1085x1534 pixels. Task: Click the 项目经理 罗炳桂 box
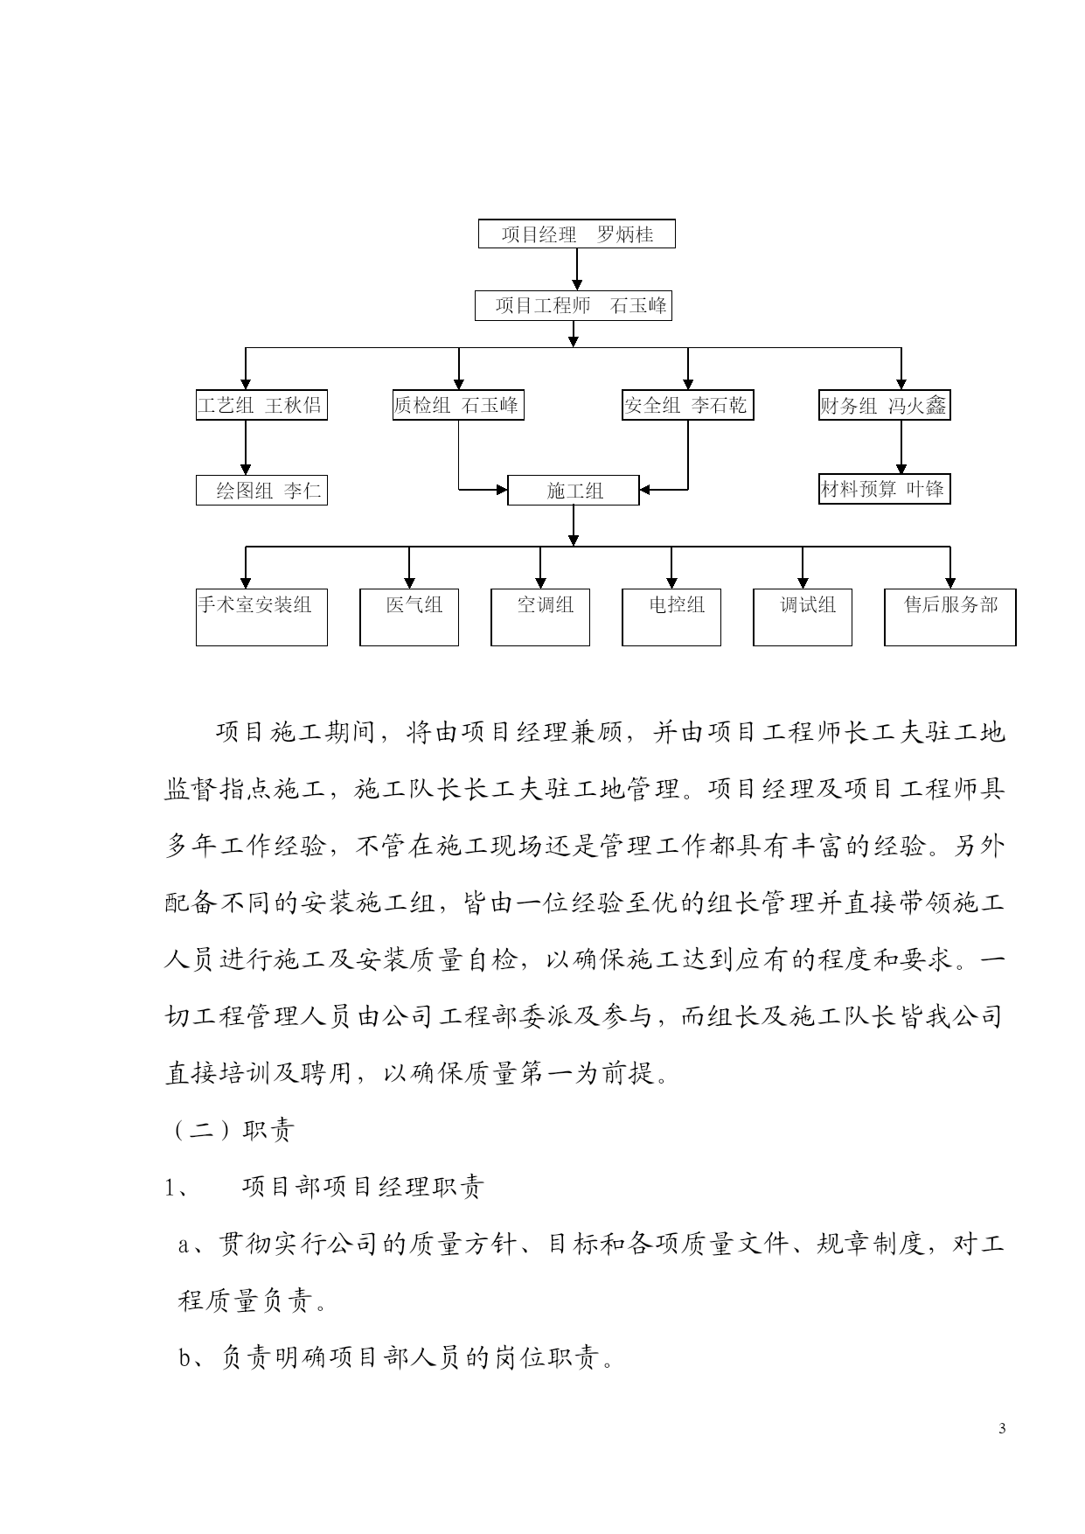pyautogui.click(x=577, y=234)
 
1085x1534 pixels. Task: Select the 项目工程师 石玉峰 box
pyautogui.click(x=574, y=305)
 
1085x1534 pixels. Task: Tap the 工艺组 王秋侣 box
pyautogui.click(x=261, y=405)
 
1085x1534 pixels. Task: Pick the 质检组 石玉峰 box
pyautogui.click(x=458, y=405)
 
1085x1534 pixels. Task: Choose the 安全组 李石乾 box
pyautogui.click(x=687, y=405)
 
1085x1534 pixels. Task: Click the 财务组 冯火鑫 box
pyautogui.click(x=885, y=405)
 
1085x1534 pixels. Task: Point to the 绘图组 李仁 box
pyautogui.click(x=261, y=490)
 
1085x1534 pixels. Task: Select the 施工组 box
pyautogui.click(x=574, y=490)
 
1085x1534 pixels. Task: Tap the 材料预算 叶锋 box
pyautogui.click(x=885, y=490)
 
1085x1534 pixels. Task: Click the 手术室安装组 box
pyautogui.click(x=261, y=617)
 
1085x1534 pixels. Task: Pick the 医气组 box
pyautogui.click(x=409, y=617)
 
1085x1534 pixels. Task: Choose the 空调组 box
pyautogui.click(x=540, y=617)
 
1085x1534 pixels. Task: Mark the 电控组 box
pyautogui.click(x=671, y=617)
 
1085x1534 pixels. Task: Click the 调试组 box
pyautogui.click(x=803, y=617)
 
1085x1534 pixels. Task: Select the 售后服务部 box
pyautogui.click(x=950, y=617)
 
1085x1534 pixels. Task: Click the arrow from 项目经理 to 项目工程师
pyautogui.click(x=577, y=269)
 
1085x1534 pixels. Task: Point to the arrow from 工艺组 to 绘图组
pyautogui.click(x=246, y=448)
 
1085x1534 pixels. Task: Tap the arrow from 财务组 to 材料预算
pyautogui.click(x=901, y=448)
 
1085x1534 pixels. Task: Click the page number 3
pyautogui.click(x=1002, y=1429)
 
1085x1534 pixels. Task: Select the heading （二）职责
pyautogui.click(x=229, y=1130)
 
